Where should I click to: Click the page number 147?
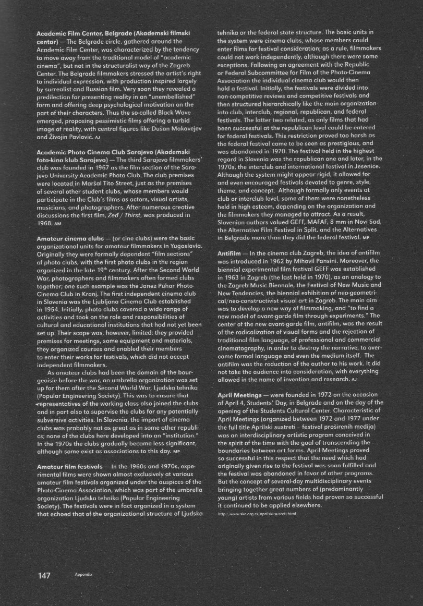(x=43, y=575)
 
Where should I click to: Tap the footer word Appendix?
(x=83, y=576)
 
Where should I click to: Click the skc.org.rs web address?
(x=256, y=513)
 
